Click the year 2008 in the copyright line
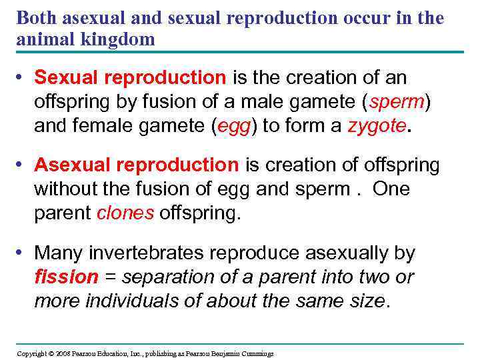pyautogui.click(x=63, y=353)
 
